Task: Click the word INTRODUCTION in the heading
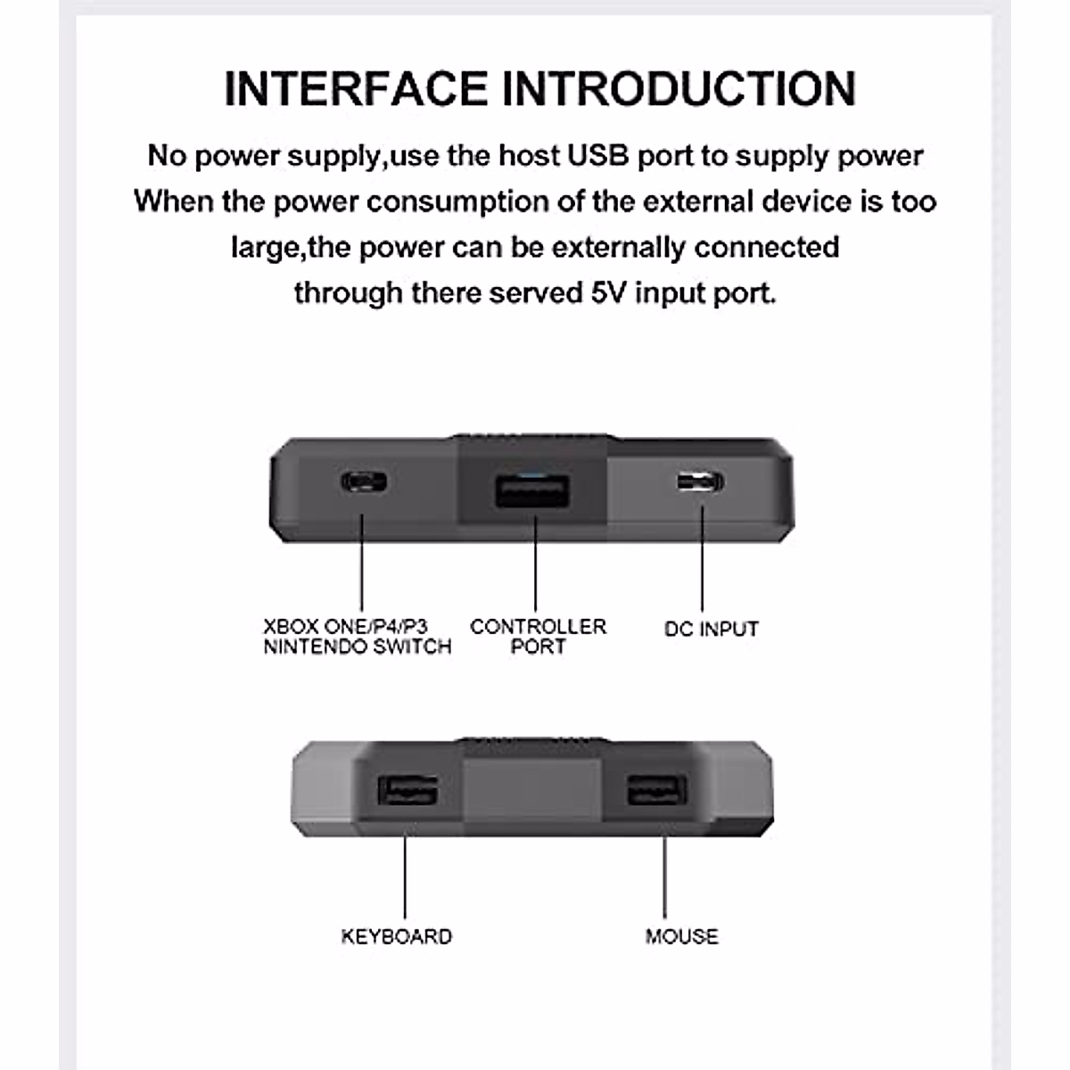678,88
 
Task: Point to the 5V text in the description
609,292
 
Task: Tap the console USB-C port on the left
364,483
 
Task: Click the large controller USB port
532,491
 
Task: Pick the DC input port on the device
700,483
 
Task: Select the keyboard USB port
407,791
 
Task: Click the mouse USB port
656,791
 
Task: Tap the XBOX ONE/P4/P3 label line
345,627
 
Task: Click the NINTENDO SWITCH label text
357,646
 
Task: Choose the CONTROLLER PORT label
538,637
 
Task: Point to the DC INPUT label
711,629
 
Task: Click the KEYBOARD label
397,936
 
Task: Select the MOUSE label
681,936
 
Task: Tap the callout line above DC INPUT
702,557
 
